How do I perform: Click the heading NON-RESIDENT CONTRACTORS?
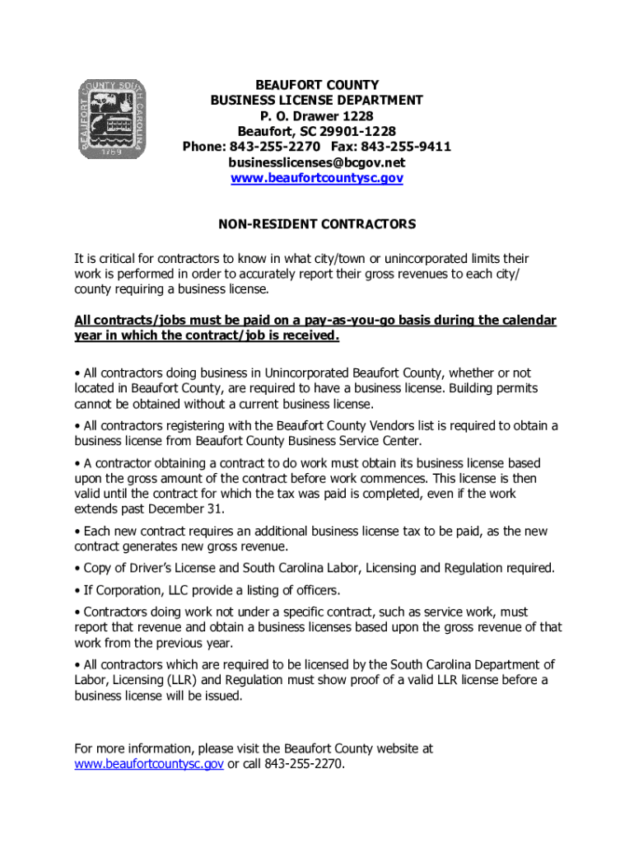tap(317, 224)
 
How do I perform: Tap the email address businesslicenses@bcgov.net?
tap(317, 162)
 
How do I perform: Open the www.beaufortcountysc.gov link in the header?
tap(317, 178)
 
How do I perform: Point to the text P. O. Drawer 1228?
tap(317, 115)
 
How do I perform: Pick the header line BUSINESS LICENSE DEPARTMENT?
tap(317, 100)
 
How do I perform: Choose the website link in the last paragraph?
tap(149, 764)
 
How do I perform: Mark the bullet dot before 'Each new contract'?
tap(77, 532)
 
